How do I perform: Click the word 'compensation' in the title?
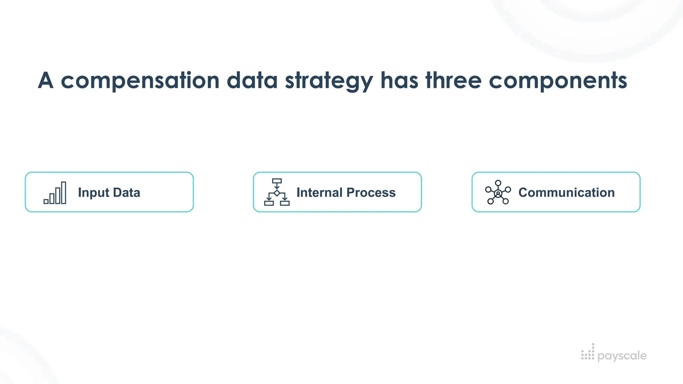140,81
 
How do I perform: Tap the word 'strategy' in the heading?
329,81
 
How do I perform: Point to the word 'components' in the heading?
558,81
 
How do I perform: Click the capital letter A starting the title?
46,81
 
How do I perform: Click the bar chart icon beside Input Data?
55,193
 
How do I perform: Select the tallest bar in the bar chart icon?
64,193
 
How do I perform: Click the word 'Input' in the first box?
93,193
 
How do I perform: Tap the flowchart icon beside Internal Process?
277,192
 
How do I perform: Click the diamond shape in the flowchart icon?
277,193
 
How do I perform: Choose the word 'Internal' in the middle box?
319,192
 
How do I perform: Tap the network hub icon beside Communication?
498,192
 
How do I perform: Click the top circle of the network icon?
498,183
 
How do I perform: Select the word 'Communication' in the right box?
566,192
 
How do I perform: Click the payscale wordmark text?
622,356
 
